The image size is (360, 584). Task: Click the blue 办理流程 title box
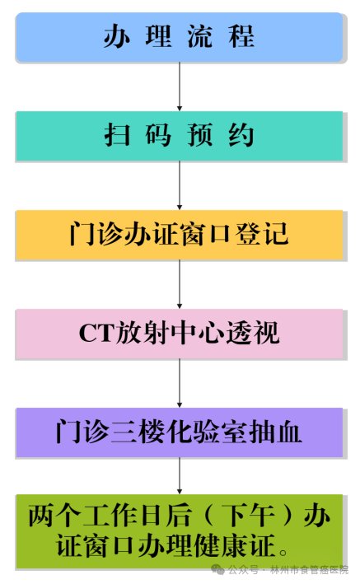click(179, 37)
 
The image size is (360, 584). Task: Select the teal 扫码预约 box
click(179, 136)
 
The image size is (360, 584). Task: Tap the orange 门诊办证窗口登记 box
click(179, 235)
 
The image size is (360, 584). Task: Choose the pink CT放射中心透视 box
click(179, 334)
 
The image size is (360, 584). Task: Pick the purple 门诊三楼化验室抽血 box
click(179, 432)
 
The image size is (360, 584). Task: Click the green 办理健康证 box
click(179, 531)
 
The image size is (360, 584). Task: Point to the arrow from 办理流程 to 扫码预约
click(180, 86)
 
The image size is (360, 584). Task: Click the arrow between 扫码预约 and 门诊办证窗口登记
click(180, 185)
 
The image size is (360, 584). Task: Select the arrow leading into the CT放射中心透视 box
click(180, 284)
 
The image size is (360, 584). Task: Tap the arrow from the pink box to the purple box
click(180, 383)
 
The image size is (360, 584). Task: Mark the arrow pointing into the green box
click(180, 475)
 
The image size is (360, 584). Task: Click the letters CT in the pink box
click(96, 333)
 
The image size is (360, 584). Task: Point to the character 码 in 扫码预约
click(158, 135)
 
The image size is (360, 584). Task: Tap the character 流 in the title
click(200, 36)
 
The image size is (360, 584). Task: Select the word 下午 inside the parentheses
click(249, 516)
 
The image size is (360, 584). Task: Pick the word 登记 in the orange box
click(262, 234)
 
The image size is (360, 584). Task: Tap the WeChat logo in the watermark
click(217, 569)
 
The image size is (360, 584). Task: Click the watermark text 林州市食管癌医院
click(309, 570)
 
